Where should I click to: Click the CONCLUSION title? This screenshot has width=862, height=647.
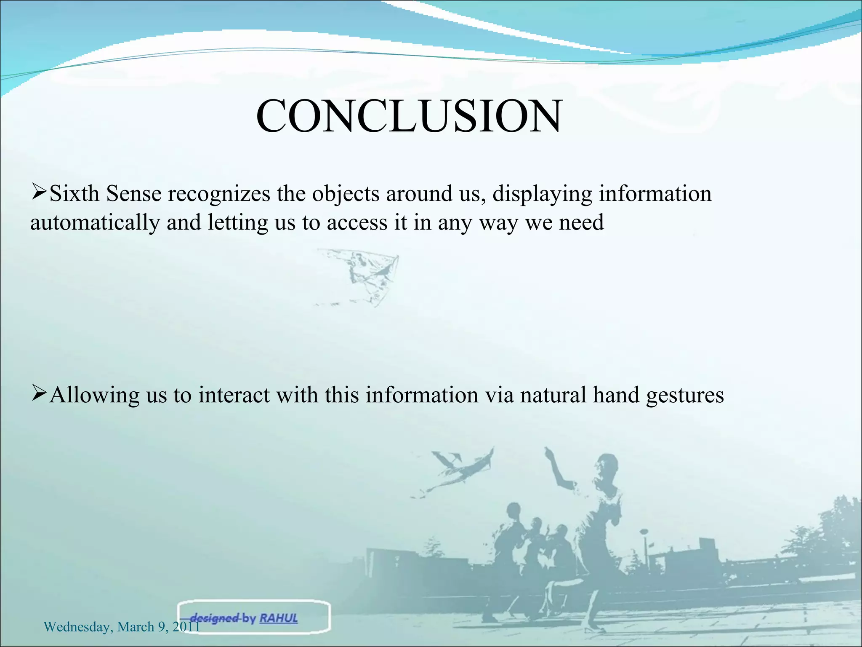408,117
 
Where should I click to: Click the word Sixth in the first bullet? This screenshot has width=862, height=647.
74,194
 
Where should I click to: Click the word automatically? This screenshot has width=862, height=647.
95,223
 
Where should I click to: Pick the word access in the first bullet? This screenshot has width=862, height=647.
357,223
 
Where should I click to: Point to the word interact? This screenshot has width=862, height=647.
234,395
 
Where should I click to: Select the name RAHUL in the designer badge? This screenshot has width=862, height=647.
279,618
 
